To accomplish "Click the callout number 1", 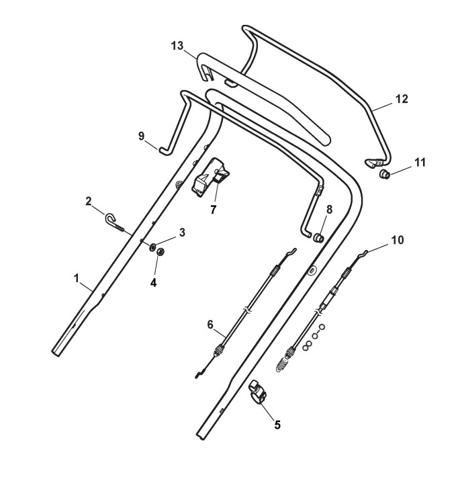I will click(x=76, y=276).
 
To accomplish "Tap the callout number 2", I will click(x=88, y=201).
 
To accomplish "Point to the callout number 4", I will click(x=153, y=283).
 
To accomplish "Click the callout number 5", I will click(x=277, y=424).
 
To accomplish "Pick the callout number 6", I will click(x=210, y=325).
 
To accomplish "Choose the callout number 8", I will click(x=328, y=210).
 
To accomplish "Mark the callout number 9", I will click(x=142, y=136).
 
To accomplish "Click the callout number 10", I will click(x=397, y=240).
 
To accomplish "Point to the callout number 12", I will click(x=401, y=99).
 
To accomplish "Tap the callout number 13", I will click(x=177, y=45).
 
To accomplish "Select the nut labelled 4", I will click(x=161, y=252).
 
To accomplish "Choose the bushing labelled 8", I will click(x=318, y=237).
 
